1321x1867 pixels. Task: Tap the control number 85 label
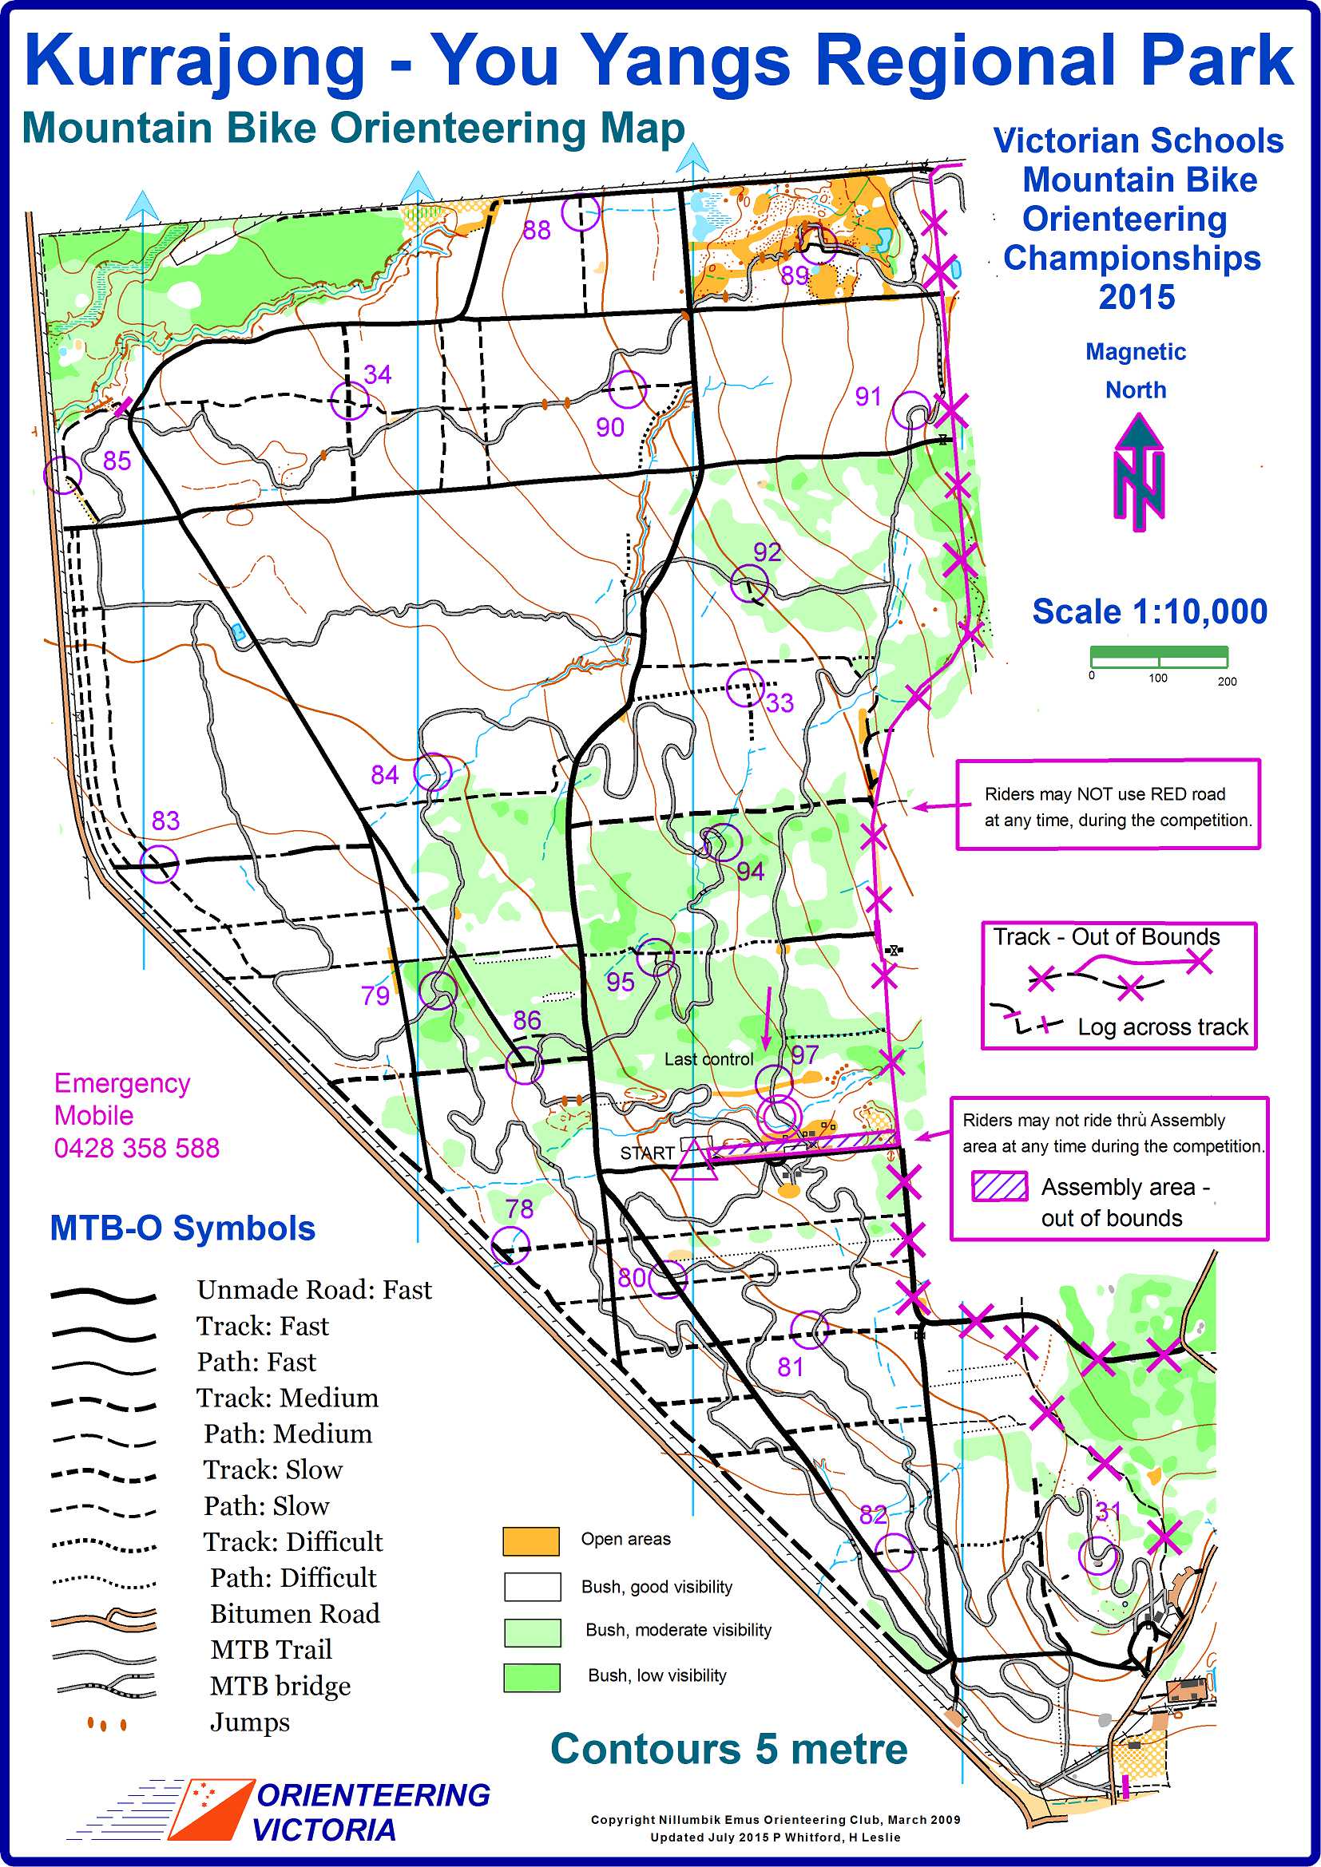[117, 461]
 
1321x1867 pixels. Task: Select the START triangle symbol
[693, 1161]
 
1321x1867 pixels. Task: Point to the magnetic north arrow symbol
[1139, 473]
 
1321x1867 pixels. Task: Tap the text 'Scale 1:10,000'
[1149, 612]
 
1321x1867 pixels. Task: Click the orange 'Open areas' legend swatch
[531, 1541]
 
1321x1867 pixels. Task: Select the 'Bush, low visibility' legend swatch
[531, 1678]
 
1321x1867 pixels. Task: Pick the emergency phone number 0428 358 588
[137, 1148]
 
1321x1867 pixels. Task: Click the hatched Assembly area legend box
[1000, 1186]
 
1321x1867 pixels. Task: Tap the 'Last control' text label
[708, 1059]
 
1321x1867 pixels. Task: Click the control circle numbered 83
[159, 863]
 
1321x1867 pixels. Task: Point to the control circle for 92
[749, 583]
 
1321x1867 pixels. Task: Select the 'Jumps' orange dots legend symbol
[106, 1724]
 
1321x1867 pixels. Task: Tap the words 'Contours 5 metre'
[729, 1748]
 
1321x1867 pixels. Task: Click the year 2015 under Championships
[1137, 298]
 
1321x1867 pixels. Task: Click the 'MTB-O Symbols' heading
[182, 1228]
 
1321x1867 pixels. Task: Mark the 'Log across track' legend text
[1162, 1027]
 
